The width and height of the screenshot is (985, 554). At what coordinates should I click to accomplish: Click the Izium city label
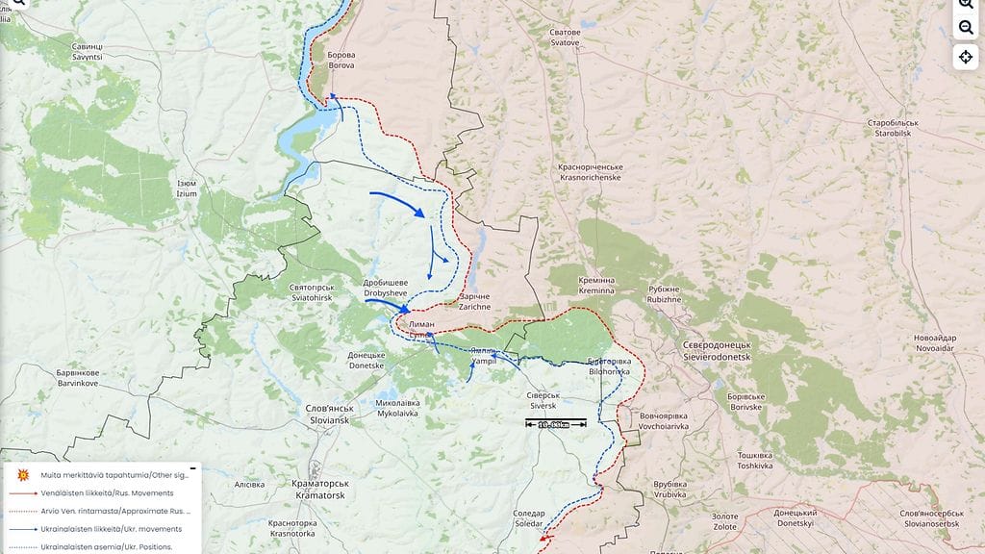pyautogui.click(x=187, y=189)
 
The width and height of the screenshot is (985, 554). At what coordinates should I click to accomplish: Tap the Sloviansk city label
pyautogui.click(x=330, y=415)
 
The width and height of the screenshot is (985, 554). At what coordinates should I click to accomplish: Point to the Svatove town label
pyautogui.click(x=565, y=38)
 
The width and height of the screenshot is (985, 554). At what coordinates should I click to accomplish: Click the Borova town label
pyautogui.click(x=341, y=61)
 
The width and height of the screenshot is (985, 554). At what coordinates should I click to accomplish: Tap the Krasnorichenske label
pyautogui.click(x=590, y=172)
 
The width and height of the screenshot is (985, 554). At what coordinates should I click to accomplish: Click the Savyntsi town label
pyautogui.click(x=87, y=52)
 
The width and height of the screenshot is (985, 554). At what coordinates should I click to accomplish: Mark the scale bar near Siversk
pyautogui.click(x=556, y=424)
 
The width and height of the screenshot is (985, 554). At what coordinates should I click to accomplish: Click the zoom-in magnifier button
pyautogui.click(x=966, y=5)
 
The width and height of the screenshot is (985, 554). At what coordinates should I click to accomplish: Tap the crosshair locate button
pyautogui.click(x=966, y=57)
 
